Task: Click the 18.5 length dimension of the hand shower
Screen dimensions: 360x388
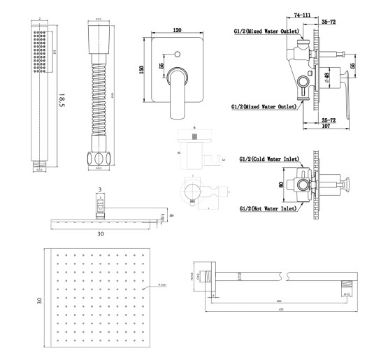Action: [62, 102]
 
